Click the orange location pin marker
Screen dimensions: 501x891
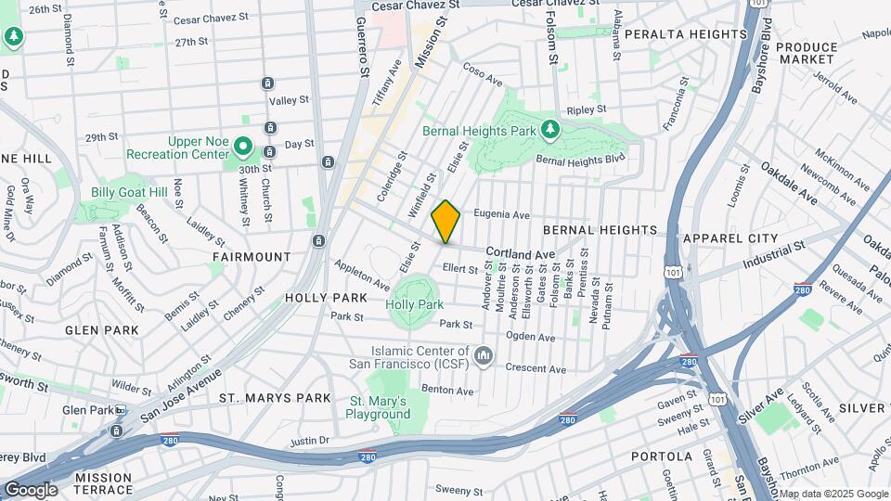coord(446,222)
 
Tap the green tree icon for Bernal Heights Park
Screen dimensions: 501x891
coord(550,128)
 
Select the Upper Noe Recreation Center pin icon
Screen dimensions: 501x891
coord(243,146)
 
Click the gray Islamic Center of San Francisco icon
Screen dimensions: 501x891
coord(483,356)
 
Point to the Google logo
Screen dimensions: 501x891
coord(30,490)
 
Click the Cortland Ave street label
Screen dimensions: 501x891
coord(520,253)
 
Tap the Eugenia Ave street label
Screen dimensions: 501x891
coord(501,213)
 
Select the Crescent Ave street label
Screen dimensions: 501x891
coord(536,368)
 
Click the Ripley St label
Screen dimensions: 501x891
coord(586,109)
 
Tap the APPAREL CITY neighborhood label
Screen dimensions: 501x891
coord(730,238)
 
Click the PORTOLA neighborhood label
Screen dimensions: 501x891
coord(662,456)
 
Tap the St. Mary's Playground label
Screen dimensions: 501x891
coord(378,407)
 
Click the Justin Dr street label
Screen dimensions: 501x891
coord(310,442)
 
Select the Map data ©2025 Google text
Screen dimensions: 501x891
coord(833,494)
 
